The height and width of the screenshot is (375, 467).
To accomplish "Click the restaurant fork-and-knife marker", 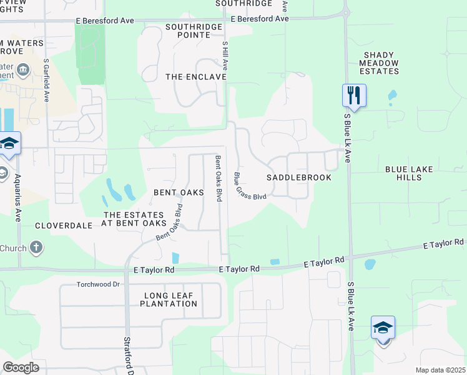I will point(353,96).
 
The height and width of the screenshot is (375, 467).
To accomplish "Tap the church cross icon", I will point(36,247).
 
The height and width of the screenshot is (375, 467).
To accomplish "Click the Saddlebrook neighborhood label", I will point(298,177).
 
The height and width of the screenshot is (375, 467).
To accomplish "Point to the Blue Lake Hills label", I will point(412,173).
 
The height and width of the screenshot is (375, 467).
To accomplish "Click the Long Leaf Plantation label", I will point(169,299).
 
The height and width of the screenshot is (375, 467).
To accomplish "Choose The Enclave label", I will point(195,77).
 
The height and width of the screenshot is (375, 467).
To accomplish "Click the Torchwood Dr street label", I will point(98,284).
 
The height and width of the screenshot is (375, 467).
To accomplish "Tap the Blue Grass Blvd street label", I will point(250,187).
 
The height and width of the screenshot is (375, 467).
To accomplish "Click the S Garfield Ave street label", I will point(46,81).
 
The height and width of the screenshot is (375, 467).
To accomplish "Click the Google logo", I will point(21,367).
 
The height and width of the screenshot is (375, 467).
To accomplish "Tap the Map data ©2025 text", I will point(440,370).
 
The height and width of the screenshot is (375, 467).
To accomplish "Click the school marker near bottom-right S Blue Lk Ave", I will point(383,328).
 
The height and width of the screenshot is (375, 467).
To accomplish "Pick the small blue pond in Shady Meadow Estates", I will point(391,96).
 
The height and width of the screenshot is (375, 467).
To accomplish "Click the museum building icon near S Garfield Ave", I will point(23,69).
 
